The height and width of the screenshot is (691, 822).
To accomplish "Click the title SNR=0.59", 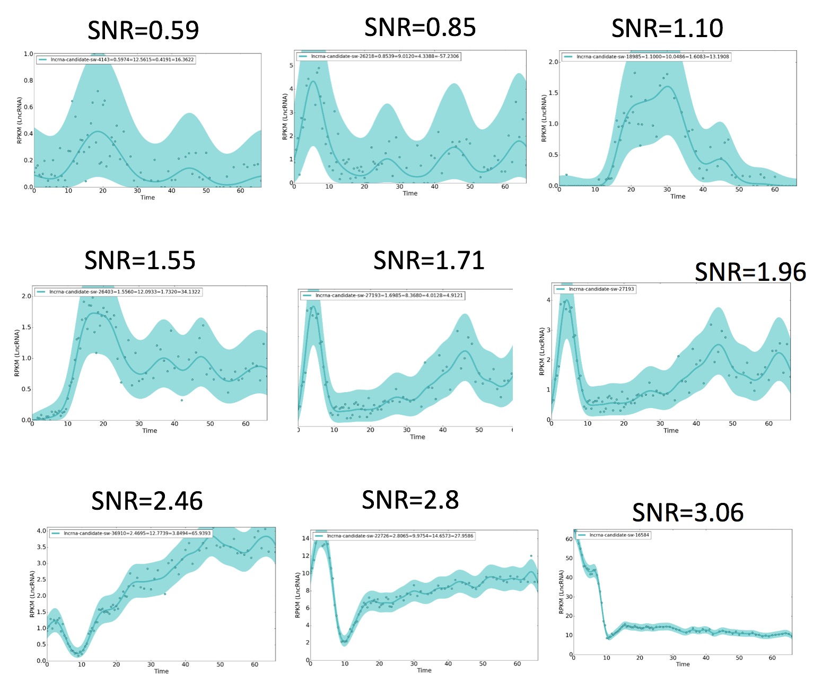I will coord(143,30).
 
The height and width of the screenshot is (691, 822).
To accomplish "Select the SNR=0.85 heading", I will coord(420,28).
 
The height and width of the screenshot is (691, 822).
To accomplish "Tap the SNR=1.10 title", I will coord(667,28).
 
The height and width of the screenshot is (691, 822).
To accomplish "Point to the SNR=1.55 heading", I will coord(140,260).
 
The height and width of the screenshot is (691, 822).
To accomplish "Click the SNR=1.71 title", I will coord(429,260).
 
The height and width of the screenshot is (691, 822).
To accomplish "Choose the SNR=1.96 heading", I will coord(750,272).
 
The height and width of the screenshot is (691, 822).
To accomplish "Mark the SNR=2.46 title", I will coord(147,501).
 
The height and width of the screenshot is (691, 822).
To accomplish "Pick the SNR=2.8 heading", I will coord(410,500).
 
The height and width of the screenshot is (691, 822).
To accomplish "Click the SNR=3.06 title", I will coord(688,512).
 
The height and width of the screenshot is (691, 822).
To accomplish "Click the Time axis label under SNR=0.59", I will coord(147,198).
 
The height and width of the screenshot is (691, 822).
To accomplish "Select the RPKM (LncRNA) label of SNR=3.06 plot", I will coord(562,592).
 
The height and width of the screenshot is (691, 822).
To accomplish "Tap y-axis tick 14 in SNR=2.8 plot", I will coord(305,538).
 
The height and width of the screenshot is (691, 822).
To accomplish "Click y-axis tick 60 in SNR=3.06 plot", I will coord(569,539).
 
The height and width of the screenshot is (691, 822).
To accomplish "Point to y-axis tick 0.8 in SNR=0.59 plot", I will coord(28,81).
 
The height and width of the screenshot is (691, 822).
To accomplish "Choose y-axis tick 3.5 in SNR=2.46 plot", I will coord(41,547).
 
